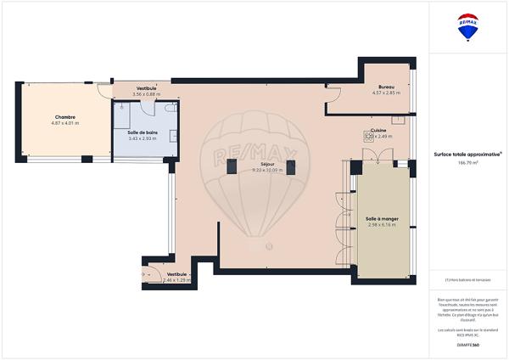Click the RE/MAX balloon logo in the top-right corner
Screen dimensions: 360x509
tap(467, 27)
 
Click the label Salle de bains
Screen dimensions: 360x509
tap(143, 132)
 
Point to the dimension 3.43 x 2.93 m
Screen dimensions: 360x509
tap(143, 138)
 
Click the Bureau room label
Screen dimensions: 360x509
tap(387, 87)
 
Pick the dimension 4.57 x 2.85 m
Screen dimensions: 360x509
tap(387, 93)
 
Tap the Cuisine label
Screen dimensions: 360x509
tap(378, 129)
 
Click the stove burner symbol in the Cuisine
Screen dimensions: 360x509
tap(368, 136)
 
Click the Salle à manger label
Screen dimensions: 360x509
tap(382, 218)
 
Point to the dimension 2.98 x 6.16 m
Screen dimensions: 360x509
tap(382, 225)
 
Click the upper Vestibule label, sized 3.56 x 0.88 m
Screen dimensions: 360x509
tap(147, 88)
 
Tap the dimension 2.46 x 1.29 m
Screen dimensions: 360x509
tap(177, 280)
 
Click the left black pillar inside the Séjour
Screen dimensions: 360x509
tap(231, 168)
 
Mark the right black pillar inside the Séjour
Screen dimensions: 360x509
tap(290, 168)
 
